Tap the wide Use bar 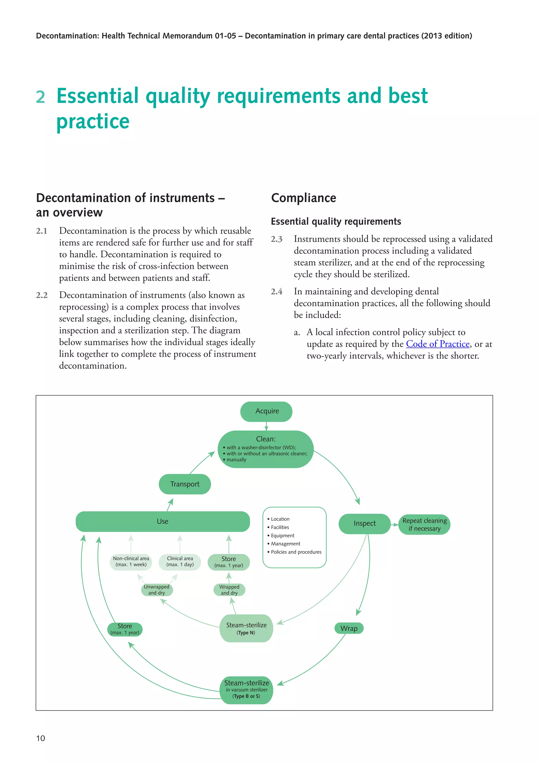[163, 522]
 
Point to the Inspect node [365, 523]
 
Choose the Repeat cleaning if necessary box [425, 524]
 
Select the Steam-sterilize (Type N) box [246, 628]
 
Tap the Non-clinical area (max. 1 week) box [131, 562]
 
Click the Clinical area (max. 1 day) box [180, 562]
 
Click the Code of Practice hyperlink [438, 344]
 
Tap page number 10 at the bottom [41, 738]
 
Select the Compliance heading [303, 198]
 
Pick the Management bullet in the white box [286, 544]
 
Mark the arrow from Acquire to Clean [266, 427]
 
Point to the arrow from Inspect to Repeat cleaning [395, 525]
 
